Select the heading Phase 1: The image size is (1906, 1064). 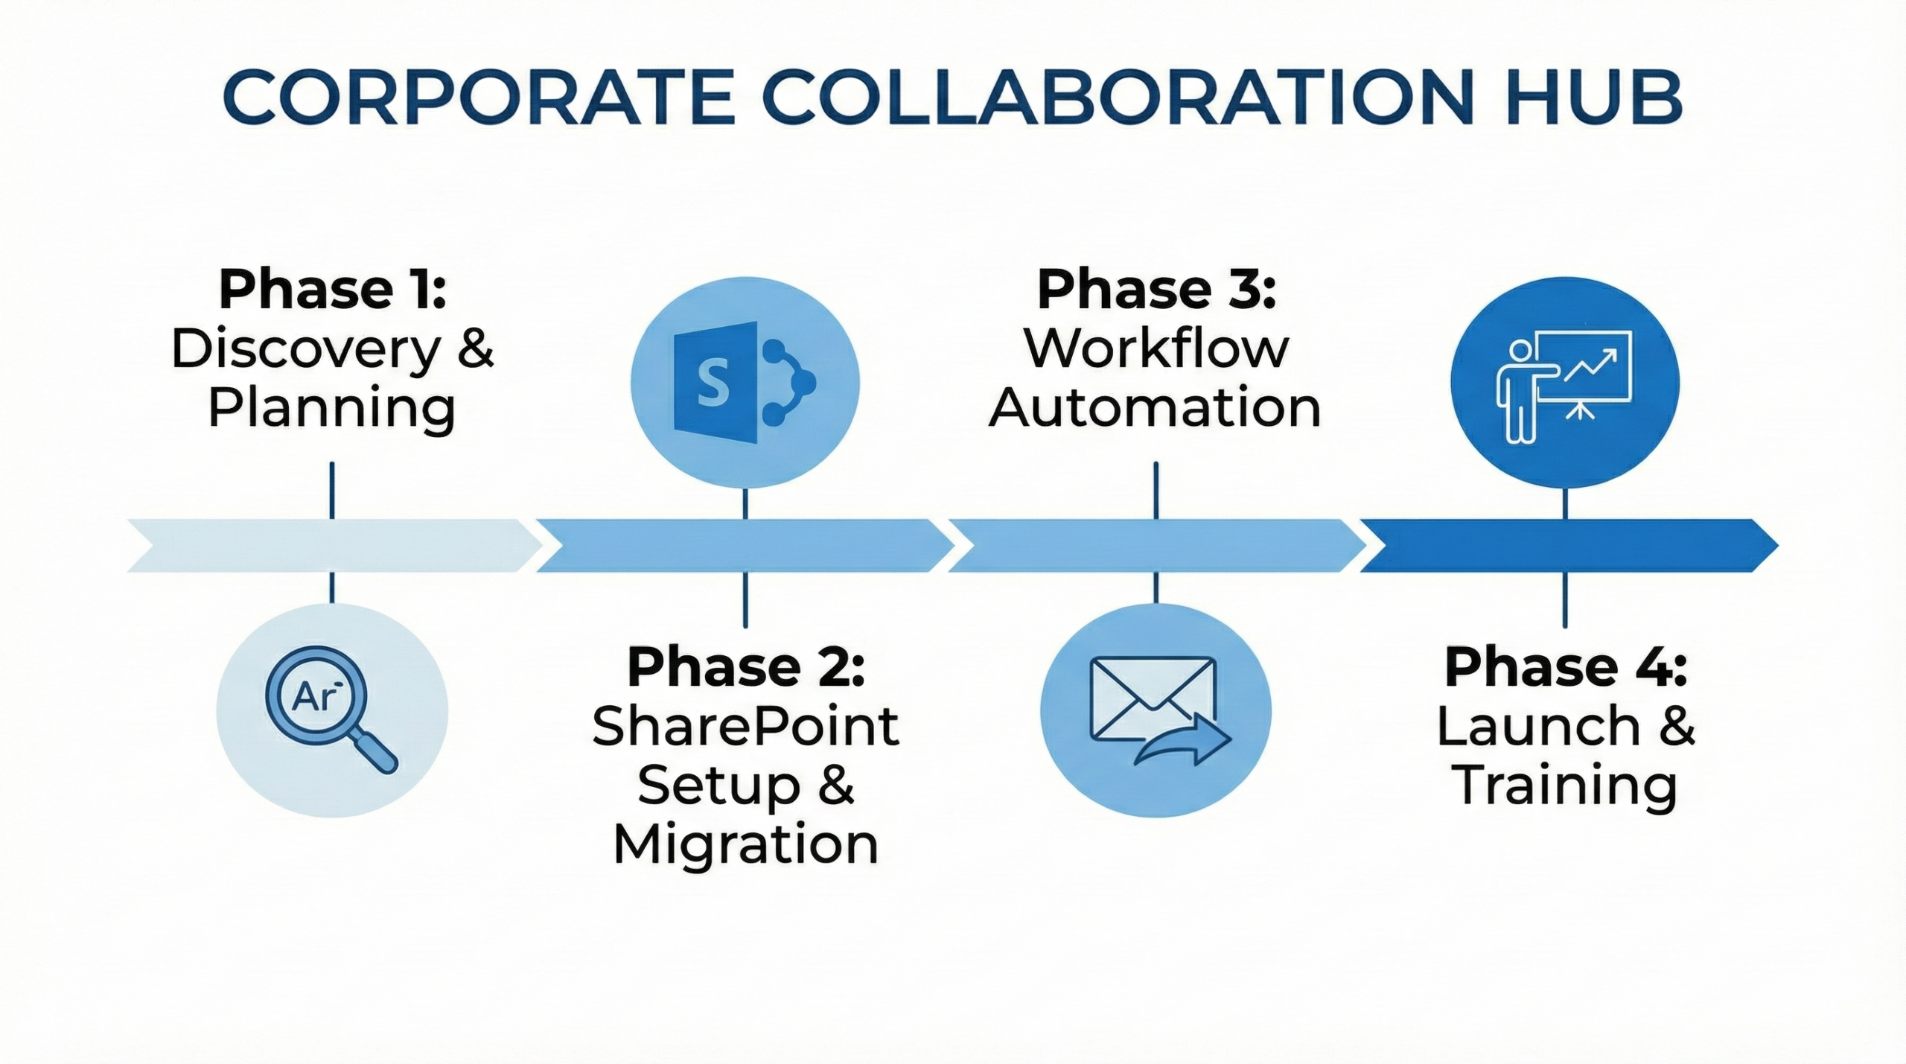pos(332,290)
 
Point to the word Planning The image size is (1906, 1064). pos(331,409)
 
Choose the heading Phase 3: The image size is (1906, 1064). pos(1156,290)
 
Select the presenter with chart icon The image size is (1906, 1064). pos(1564,384)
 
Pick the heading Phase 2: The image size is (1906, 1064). pos(746,667)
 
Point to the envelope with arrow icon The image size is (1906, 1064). pos(1156,710)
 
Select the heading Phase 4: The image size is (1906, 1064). pos(1565,667)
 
